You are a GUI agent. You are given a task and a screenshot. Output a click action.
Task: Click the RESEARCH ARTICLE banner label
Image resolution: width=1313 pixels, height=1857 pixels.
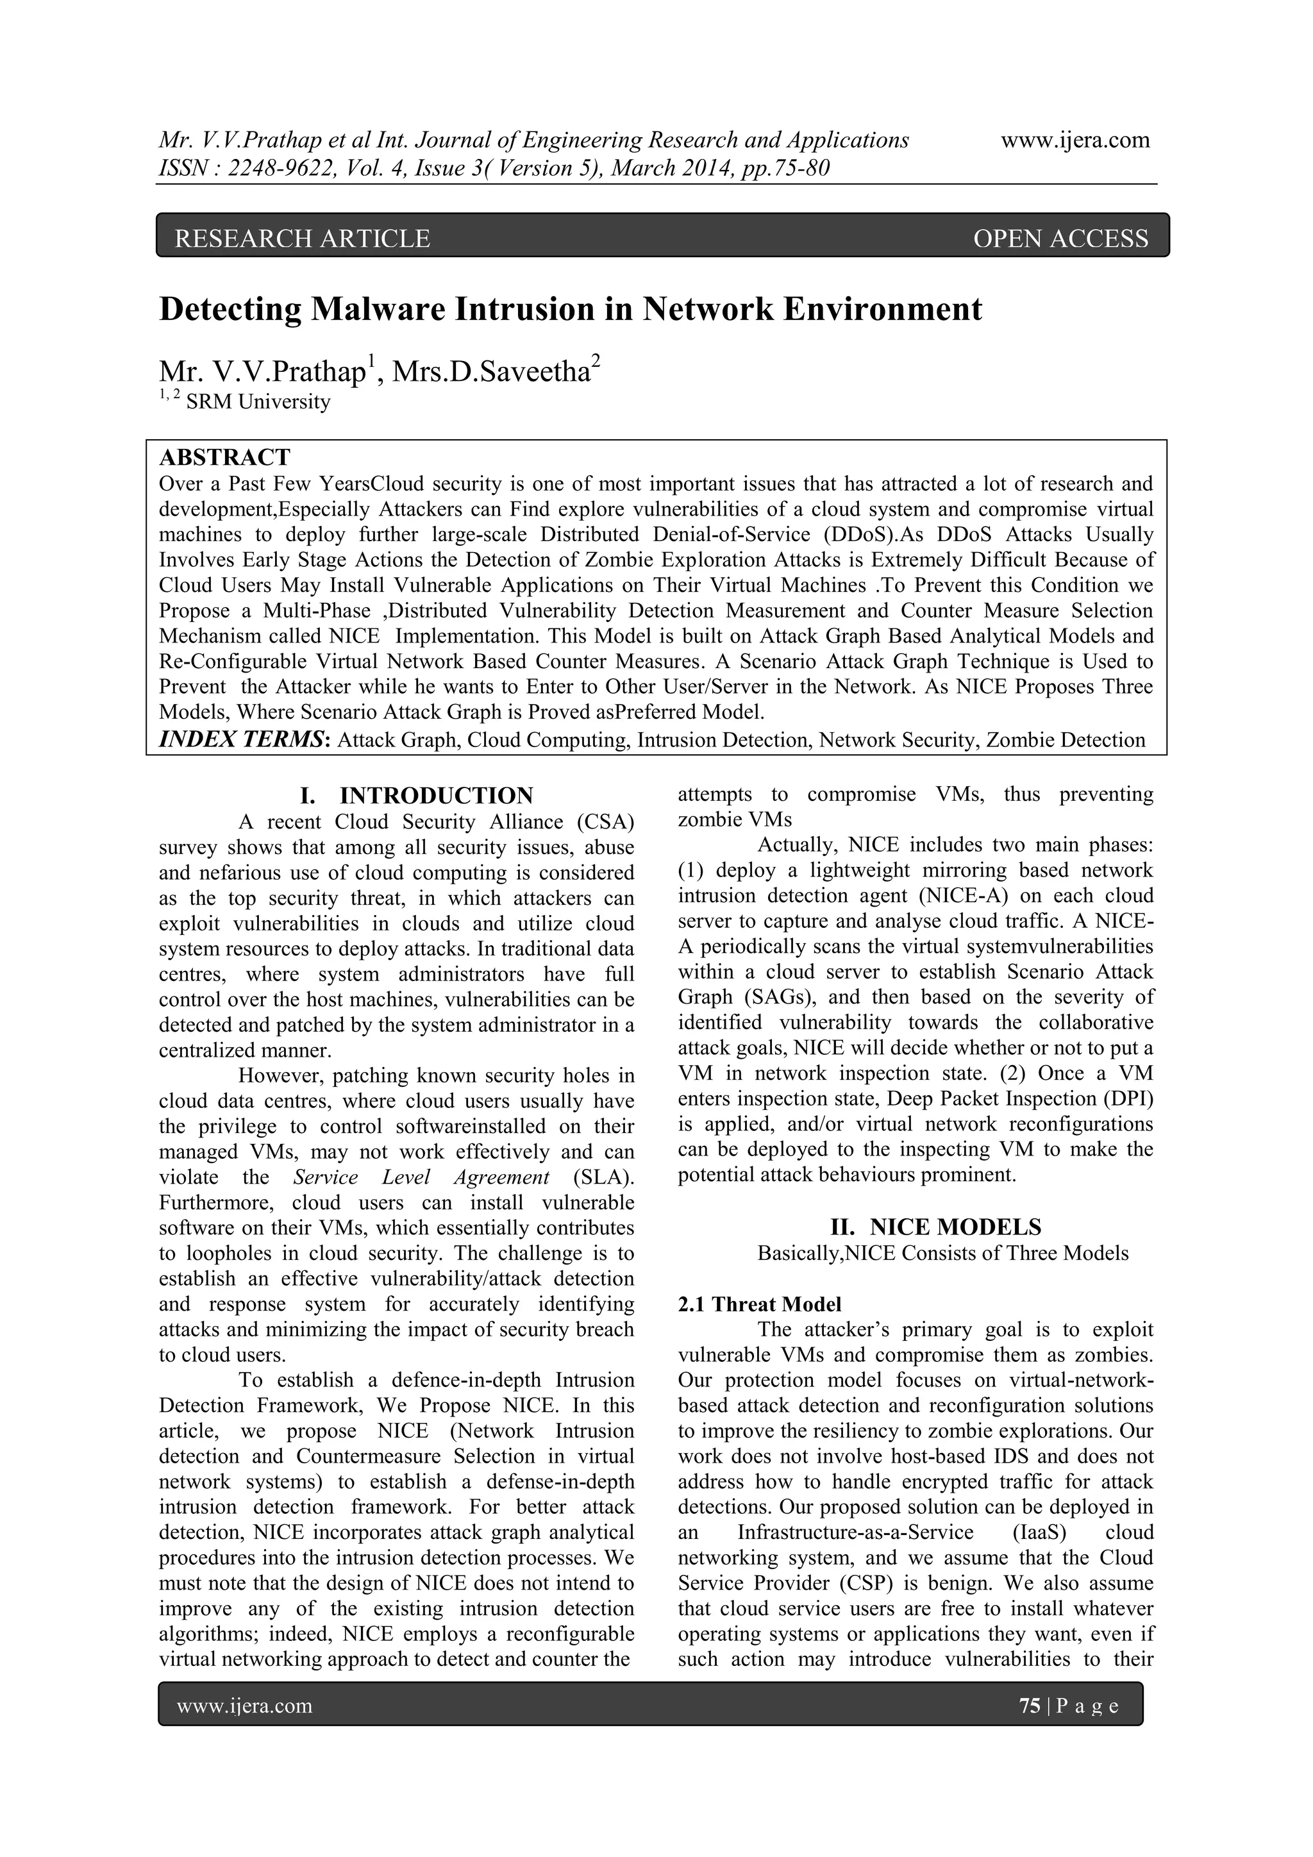pyautogui.click(x=303, y=239)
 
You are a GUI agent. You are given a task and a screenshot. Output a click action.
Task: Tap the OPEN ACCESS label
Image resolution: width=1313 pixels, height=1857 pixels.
pyautogui.click(x=1060, y=239)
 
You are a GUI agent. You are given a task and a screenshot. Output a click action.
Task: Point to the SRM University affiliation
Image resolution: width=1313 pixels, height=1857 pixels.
pyautogui.click(x=258, y=402)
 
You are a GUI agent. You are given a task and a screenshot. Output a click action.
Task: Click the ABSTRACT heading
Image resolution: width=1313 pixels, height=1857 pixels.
pyautogui.click(x=224, y=458)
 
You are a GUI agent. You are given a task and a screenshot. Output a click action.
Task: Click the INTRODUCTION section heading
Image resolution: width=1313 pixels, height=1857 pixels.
pyautogui.click(x=436, y=795)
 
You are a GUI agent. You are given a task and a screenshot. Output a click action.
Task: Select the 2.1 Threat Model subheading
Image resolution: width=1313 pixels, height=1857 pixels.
pyautogui.click(x=759, y=1304)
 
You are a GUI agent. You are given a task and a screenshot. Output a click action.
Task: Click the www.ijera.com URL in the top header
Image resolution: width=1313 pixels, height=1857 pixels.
pyautogui.click(x=1075, y=140)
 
